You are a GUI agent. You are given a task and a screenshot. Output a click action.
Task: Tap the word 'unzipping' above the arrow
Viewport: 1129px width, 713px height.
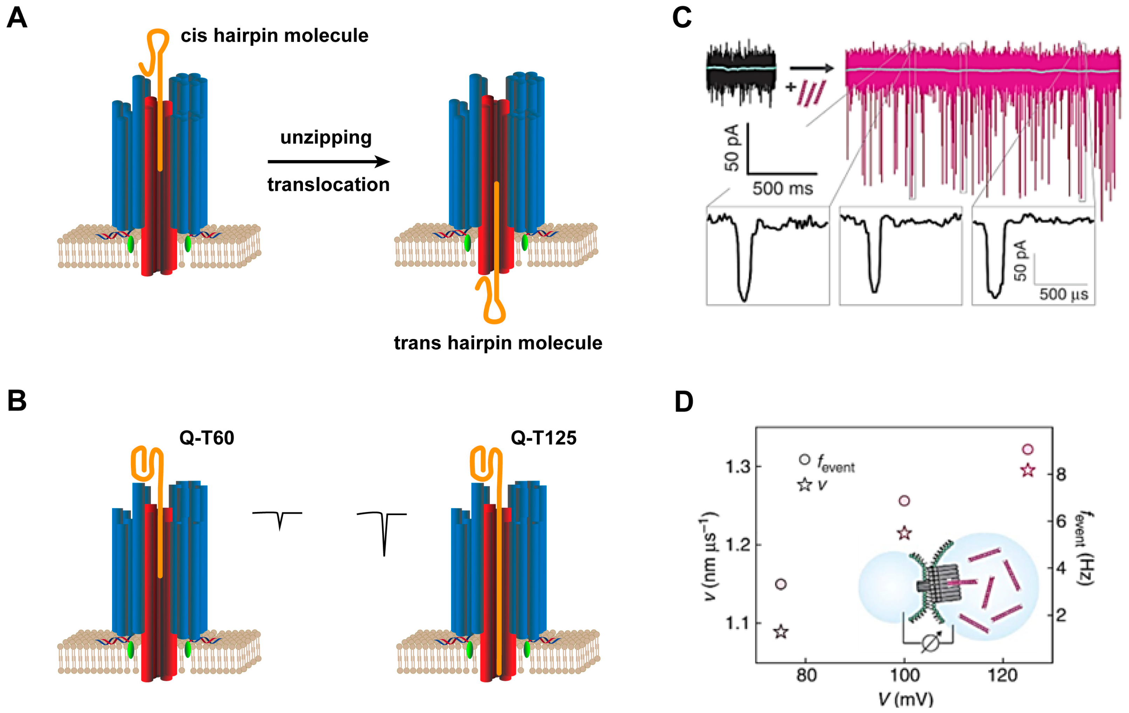tap(326, 137)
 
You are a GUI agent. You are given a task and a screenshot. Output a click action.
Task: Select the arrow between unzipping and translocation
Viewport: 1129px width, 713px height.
tap(328, 162)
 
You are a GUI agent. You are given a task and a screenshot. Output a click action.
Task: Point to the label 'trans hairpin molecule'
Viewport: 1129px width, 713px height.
tap(498, 343)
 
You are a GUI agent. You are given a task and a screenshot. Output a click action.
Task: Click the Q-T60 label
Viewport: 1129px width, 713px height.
tap(207, 438)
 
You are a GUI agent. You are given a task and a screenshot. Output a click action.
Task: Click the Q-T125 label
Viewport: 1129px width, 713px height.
tap(543, 438)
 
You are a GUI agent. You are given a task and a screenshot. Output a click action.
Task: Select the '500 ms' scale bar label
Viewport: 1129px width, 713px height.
tap(783, 188)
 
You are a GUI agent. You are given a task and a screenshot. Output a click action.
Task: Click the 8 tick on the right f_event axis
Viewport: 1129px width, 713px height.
tap(1061, 475)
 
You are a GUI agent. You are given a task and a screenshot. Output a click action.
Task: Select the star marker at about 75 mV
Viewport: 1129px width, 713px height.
tap(781, 631)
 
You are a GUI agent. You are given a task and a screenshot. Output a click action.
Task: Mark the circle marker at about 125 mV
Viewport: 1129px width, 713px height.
tap(1028, 449)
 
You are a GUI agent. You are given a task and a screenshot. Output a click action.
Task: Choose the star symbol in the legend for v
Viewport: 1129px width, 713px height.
tap(805, 485)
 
